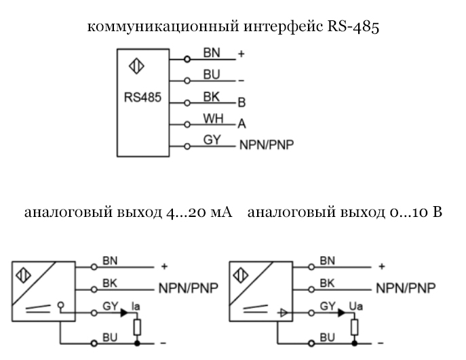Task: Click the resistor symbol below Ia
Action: click(x=137, y=327)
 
